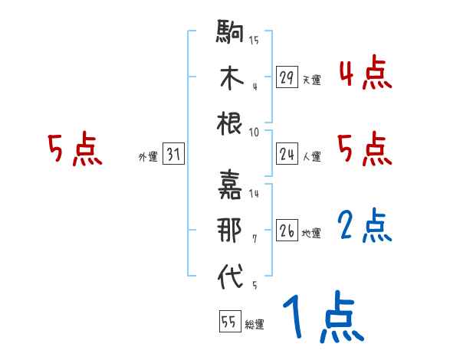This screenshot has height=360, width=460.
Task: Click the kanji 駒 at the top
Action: pyautogui.click(x=230, y=34)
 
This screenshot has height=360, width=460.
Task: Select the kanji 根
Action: pyautogui.click(x=230, y=124)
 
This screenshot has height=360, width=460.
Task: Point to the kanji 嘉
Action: pyautogui.click(x=230, y=185)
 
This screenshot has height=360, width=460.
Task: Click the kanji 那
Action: pyautogui.click(x=230, y=230)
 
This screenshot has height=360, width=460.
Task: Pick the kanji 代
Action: pyautogui.click(x=230, y=277)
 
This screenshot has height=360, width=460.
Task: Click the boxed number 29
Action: pyautogui.click(x=287, y=77)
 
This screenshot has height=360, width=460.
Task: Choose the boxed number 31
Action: pyautogui.click(x=172, y=155)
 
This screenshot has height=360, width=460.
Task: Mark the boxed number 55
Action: pyautogui.click(x=228, y=322)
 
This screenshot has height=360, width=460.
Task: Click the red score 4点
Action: pyautogui.click(x=365, y=74)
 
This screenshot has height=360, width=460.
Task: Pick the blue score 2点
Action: pyautogui.click(x=365, y=227)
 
